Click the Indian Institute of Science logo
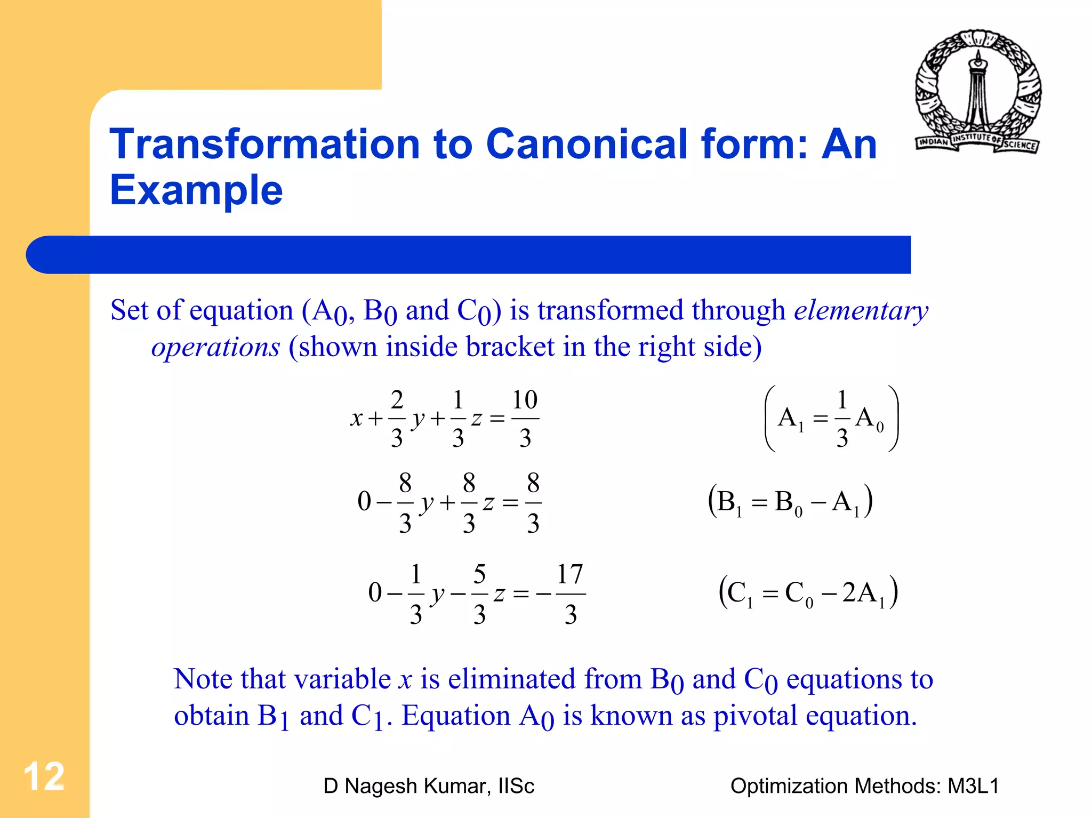(x=978, y=92)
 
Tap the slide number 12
(x=44, y=776)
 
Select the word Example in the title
(x=196, y=190)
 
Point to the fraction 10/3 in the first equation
(x=525, y=418)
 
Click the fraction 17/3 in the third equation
(x=570, y=594)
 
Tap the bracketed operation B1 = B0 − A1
(x=790, y=501)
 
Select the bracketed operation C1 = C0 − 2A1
(x=808, y=592)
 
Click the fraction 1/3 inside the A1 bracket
(x=842, y=418)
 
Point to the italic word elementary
(x=861, y=310)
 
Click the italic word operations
(x=215, y=347)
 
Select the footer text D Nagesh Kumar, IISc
(x=428, y=786)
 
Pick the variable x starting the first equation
(x=356, y=419)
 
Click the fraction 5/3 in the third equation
(x=479, y=594)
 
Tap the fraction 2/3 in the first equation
(x=397, y=418)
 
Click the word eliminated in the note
(x=511, y=679)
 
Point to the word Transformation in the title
(x=264, y=144)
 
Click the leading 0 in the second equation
(x=364, y=502)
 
